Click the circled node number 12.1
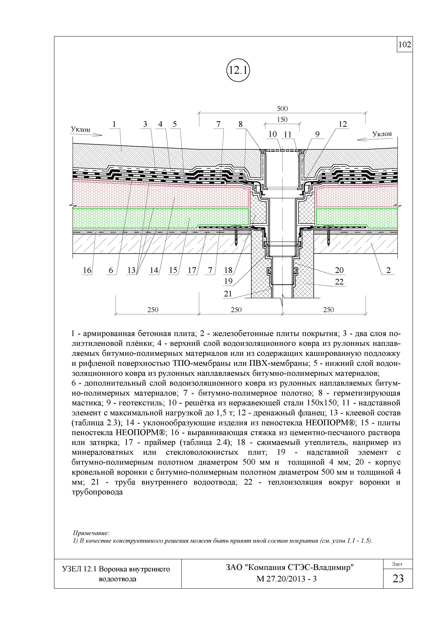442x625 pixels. click(x=238, y=71)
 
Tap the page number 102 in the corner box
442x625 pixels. click(x=405, y=44)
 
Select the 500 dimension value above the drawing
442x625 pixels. click(x=282, y=109)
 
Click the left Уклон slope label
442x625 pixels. click(x=80, y=129)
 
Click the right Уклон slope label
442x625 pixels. click(x=382, y=134)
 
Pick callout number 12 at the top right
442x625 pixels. click(x=343, y=124)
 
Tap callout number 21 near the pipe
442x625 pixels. click(x=228, y=294)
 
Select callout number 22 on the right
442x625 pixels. click(x=339, y=282)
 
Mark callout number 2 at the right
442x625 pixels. click(x=388, y=270)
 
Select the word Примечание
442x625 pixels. click(x=91, y=533)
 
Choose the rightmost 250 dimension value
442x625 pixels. click(x=328, y=310)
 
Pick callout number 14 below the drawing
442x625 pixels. click(x=154, y=270)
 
